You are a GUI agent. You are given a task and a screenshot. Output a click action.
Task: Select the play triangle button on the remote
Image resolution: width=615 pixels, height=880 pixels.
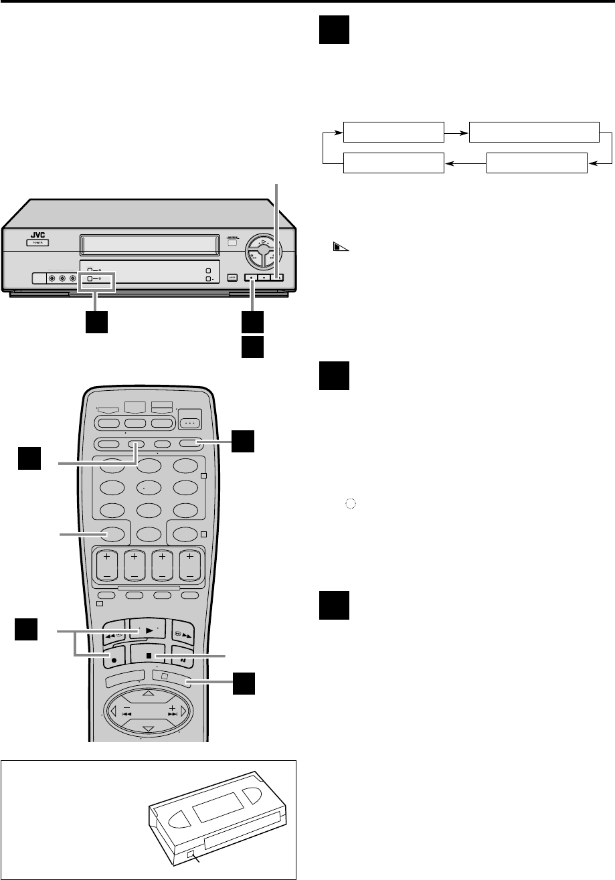click(149, 630)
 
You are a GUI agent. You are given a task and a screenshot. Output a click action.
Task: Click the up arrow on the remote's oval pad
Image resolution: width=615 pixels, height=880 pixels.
click(149, 693)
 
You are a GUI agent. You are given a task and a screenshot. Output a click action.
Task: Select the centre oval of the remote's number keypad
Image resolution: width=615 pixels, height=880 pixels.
click(149, 489)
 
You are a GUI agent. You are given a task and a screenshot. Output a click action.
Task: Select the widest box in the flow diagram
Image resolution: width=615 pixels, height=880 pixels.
click(534, 133)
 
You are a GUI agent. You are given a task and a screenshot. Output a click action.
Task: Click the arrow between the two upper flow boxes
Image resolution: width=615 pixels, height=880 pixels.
click(457, 133)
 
